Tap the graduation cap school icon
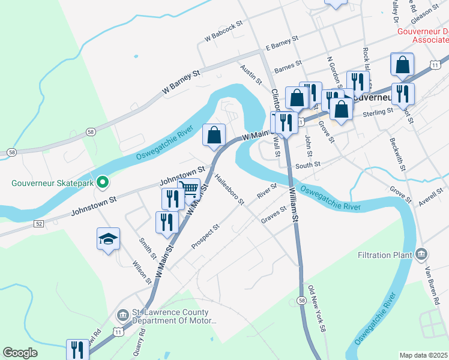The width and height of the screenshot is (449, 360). click(x=109, y=239)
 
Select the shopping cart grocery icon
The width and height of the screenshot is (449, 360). click(x=189, y=189)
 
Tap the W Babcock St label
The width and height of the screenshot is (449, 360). click(x=223, y=31)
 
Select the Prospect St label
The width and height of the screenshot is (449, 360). click(x=206, y=236)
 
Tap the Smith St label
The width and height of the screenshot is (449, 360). click(x=148, y=247)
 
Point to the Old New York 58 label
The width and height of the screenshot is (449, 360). click(x=316, y=308)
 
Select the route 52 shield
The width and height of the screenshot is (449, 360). click(x=39, y=223)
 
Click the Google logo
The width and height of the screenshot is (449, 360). click(x=20, y=353)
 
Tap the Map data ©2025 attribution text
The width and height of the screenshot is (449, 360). click(x=423, y=355)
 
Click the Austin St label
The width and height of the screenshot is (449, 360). click(x=252, y=74)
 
